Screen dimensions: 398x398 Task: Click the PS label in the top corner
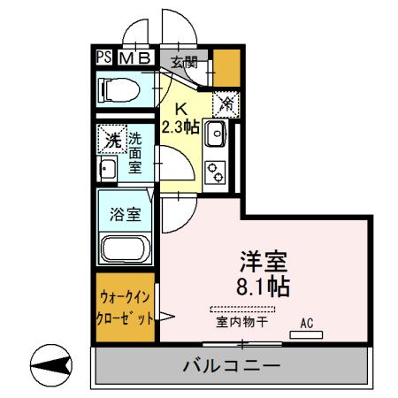point(104,57)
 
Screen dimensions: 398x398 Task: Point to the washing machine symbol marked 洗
point(112,140)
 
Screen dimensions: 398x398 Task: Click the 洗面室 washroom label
point(135,152)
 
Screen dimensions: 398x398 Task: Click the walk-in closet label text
point(125,307)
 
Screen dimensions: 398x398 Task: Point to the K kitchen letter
point(181,110)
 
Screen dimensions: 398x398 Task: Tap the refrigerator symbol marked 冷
point(226,104)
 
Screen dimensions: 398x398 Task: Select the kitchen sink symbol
point(216,134)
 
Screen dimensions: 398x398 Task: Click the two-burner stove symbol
point(216,170)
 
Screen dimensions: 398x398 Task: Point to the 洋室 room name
point(264,263)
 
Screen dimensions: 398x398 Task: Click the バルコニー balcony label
point(232,365)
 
